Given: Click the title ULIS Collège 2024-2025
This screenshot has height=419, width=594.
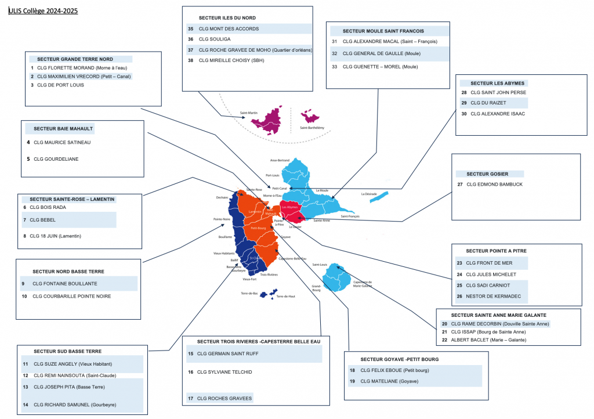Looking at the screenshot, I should [x=43, y=11].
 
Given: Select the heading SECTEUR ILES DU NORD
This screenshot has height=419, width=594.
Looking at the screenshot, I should [x=227, y=18].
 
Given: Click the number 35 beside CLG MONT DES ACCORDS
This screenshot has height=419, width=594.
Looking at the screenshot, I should [x=190, y=28].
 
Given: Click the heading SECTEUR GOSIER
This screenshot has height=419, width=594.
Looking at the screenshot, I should [x=490, y=174].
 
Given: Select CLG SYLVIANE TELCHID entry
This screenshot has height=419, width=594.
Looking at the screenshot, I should [x=224, y=372].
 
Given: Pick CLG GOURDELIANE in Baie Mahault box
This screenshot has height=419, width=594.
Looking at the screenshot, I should [x=56, y=158].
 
